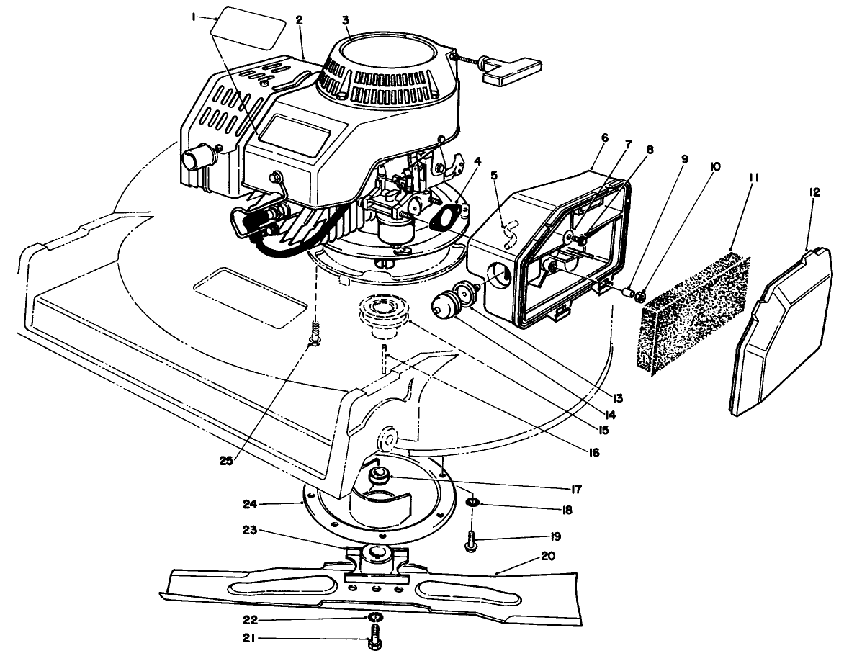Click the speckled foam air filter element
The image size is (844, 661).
(x=693, y=310)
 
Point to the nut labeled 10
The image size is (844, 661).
(x=642, y=295)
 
